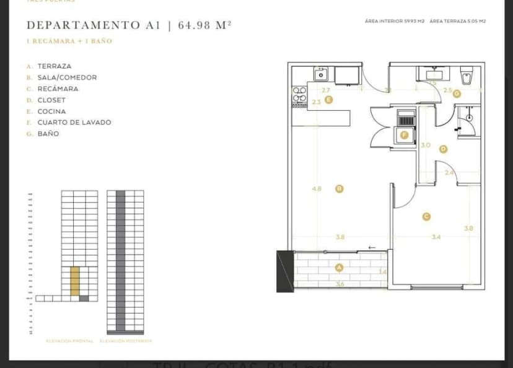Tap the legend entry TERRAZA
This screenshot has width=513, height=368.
coord(54,66)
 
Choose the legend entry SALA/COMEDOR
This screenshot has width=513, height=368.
coord(67,77)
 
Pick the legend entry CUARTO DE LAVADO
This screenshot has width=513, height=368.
coord(74,122)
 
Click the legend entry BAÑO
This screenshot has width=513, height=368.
coord(48,133)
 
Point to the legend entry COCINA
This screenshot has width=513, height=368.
coord(51,111)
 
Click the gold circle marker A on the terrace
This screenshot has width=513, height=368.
coord(339,268)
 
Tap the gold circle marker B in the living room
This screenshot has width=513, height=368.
coord(340,188)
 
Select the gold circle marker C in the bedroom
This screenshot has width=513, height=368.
coord(426,216)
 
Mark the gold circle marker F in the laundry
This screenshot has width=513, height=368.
coord(405,134)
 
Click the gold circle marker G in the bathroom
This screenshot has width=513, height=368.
coord(457,94)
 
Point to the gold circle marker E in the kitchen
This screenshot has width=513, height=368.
coord(328,99)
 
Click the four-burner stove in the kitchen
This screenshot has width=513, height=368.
coord(299,95)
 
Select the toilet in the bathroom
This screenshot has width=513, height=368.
coord(467,76)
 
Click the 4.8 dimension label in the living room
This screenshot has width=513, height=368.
coord(317,188)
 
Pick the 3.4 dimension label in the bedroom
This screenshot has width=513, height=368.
coord(436,237)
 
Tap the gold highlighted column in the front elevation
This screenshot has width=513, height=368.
coord(75,280)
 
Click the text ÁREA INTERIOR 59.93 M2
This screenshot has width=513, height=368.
coord(395,21)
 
